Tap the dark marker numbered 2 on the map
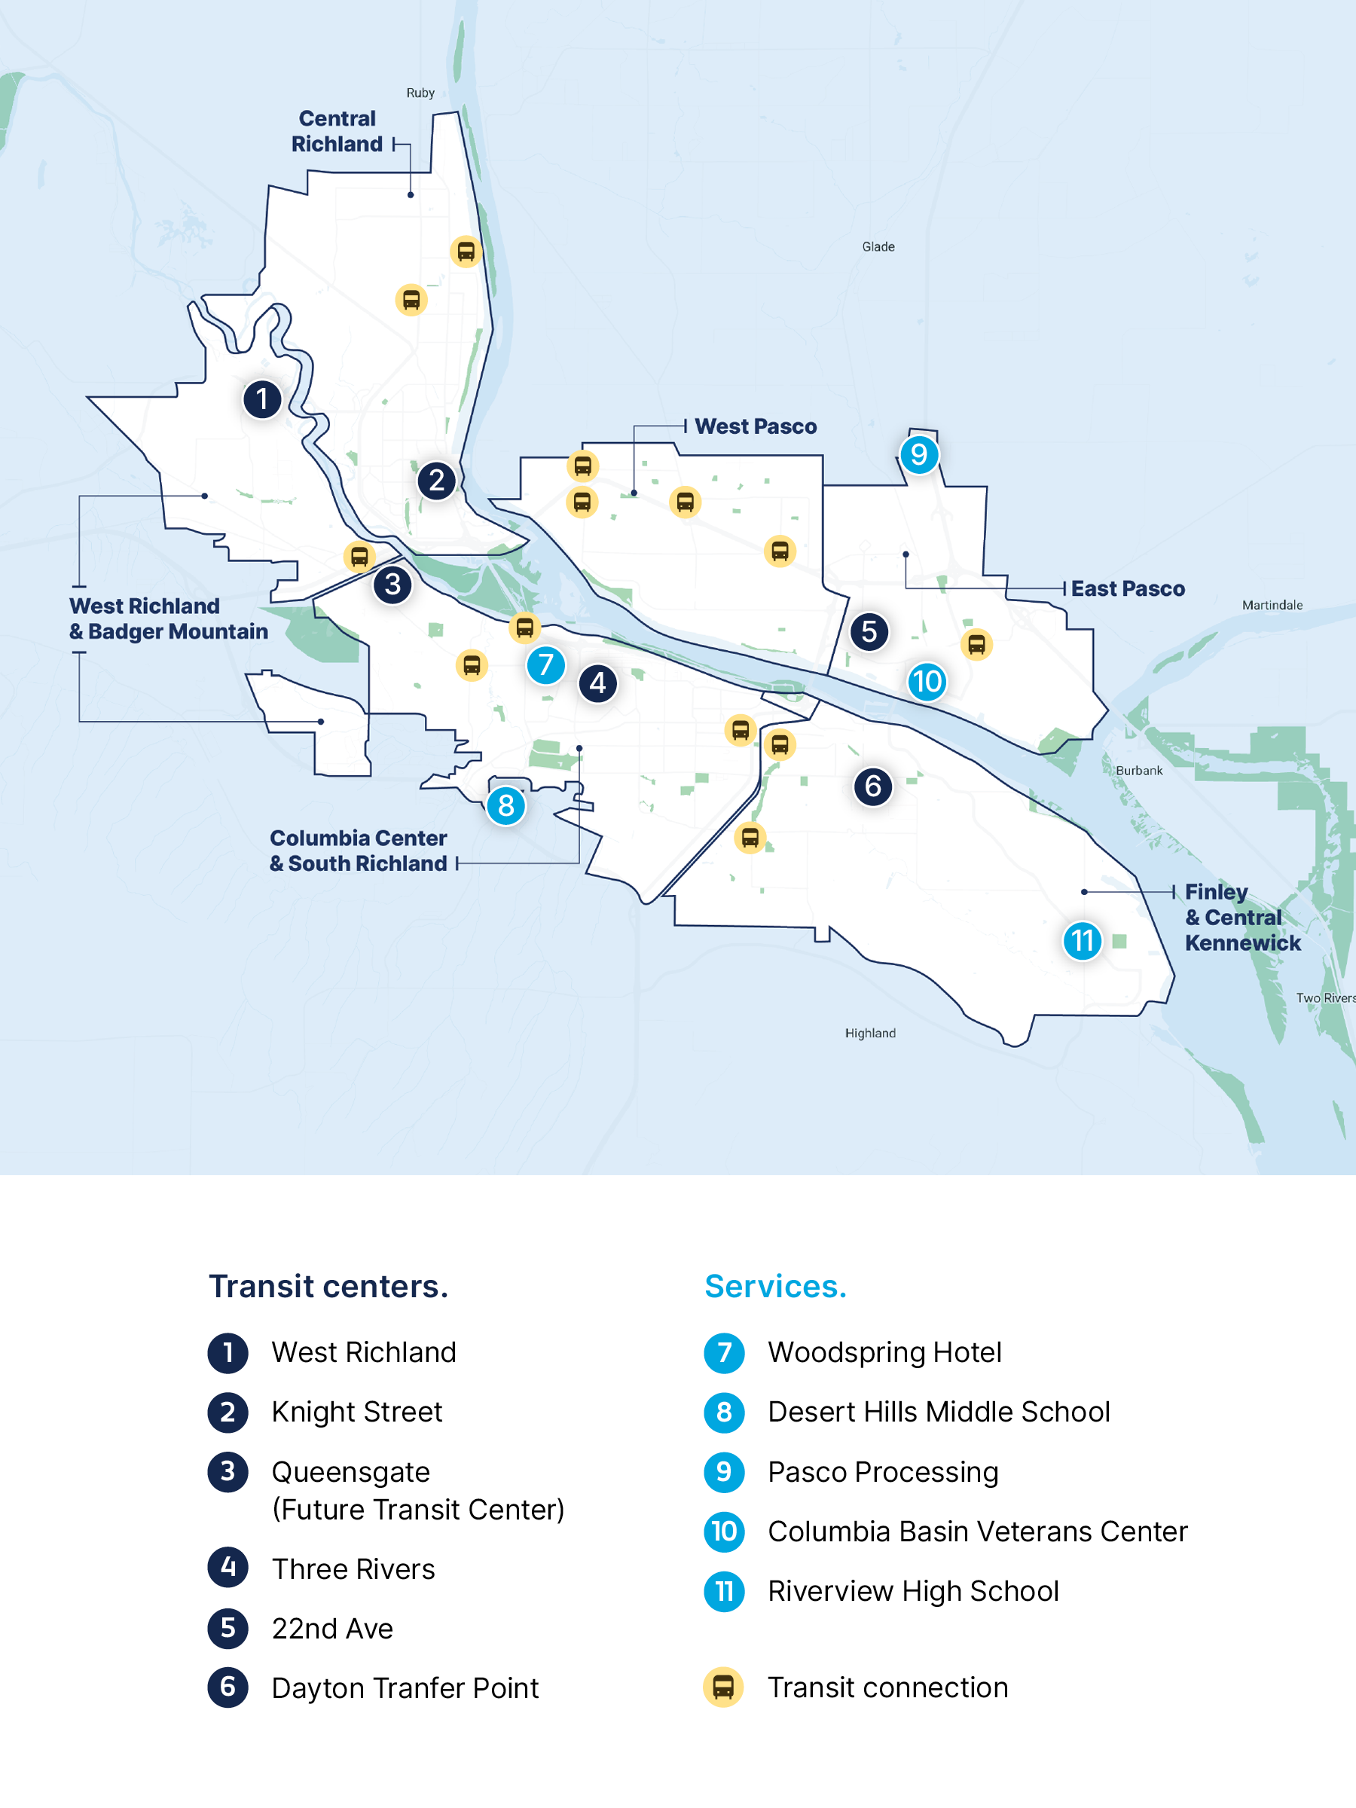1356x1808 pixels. pyautogui.click(x=436, y=481)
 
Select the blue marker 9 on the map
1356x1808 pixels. pyautogui.click(x=919, y=454)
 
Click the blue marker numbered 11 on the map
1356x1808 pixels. pyautogui.click(x=1083, y=941)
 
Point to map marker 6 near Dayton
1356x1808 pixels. pyautogui.click(x=872, y=786)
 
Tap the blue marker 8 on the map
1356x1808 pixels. pyautogui.click(x=506, y=806)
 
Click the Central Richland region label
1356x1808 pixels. pyautogui.click(x=337, y=132)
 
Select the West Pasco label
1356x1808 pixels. pyautogui.click(x=756, y=426)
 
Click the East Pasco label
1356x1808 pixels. pyautogui.click(x=1127, y=588)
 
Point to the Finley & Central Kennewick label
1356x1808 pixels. pyautogui.click(x=1241, y=917)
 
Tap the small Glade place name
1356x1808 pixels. pyautogui.click(x=878, y=247)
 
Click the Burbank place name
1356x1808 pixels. pyautogui.click(x=1138, y=771)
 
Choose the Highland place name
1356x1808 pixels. pyautogui.click(x=869, y=1033)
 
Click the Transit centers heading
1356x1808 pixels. pyautogui.click(x=328, y=1287)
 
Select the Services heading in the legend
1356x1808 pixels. pyautogui.click(x=775, y=1287)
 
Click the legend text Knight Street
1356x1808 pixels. pyautogui.click(x=356, y=1412)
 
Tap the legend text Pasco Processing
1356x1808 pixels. pyautogui.click(x=883, y=1472)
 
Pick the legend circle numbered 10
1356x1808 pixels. pyautogui.click(x=723, y=1532)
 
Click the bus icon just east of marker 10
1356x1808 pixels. pyautogui.click(x=976, y=644)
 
